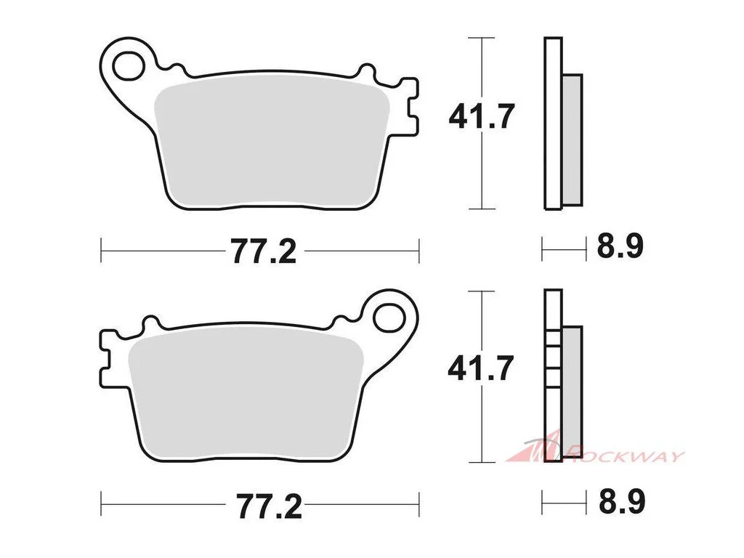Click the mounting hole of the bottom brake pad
pos(390,318)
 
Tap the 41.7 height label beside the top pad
pos(481,116)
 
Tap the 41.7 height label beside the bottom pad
pos(481,368)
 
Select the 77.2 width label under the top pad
pos(264,251)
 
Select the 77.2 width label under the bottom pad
pos(270,506)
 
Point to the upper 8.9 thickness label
pos(620,247)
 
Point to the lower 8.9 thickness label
pos(622,501)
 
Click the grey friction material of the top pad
pos(272,145)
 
